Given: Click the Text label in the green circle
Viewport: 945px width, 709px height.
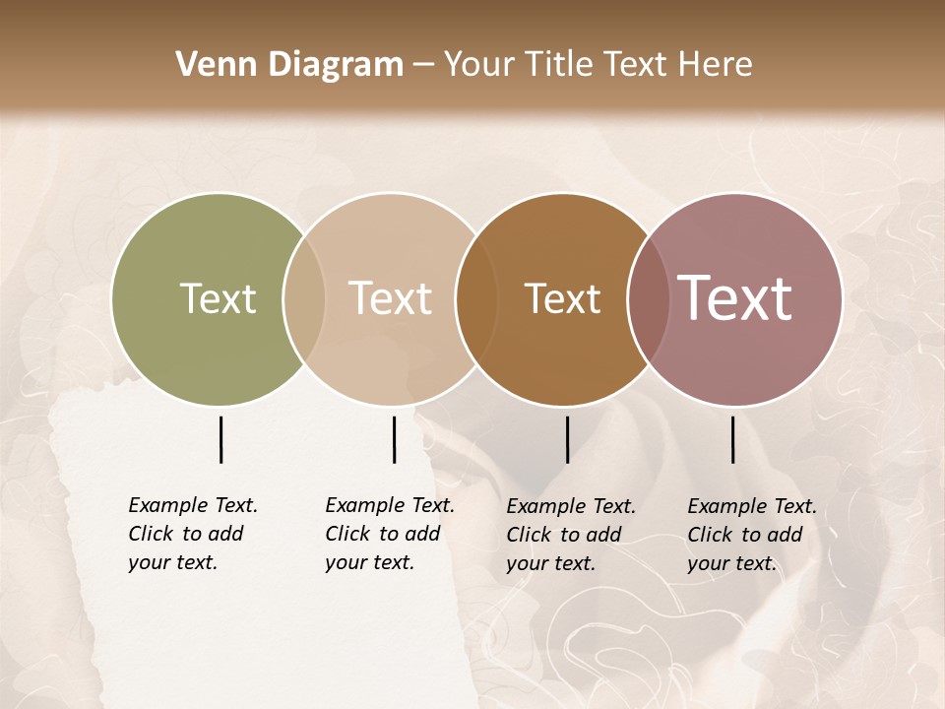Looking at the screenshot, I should coord(218,298).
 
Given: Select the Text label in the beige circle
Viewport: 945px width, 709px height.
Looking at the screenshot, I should coord(390,298).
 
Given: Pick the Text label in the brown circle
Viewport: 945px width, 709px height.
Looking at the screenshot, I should coord(562,298).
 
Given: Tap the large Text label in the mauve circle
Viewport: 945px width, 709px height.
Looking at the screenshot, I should coord(735,298).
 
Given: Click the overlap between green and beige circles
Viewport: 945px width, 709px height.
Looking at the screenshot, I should coord(304,299).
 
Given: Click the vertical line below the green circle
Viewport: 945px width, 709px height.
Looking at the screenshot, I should coord(220,439).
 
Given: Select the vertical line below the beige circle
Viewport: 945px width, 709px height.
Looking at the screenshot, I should coord(394,439).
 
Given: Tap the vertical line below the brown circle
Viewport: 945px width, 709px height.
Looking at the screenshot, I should coord(567,439).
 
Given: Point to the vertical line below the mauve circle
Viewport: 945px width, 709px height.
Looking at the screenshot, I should coord(732,439).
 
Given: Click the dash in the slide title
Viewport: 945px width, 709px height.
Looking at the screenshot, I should coord(423,66).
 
